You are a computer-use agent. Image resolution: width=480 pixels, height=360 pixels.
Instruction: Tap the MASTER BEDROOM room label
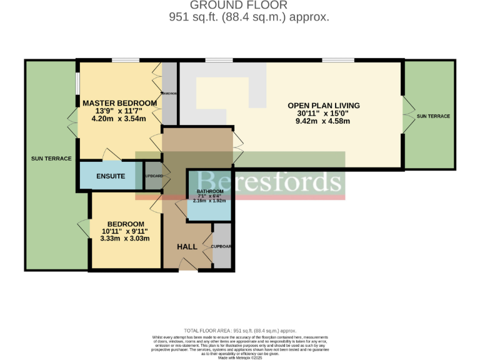coord(119,103)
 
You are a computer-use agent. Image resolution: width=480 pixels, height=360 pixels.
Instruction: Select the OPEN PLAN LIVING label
coord(323,105)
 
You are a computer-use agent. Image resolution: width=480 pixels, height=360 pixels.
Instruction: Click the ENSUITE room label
coord(111,176)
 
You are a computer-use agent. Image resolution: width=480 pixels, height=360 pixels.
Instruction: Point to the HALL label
coord(187,247)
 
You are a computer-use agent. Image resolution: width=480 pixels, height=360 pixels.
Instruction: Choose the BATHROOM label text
coord(210,191)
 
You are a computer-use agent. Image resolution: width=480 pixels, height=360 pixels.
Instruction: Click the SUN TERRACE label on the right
coord(433,116)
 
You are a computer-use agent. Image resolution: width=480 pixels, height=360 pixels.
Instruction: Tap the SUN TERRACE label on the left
coord(51,159)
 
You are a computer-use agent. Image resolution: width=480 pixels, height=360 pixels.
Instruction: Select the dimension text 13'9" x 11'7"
coord(119,111)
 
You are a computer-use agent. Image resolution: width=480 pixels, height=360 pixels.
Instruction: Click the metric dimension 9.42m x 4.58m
coord(323,121)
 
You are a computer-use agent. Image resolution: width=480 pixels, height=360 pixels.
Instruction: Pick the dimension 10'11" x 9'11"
coord(125,231)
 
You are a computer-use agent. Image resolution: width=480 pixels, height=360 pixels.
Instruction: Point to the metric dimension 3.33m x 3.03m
coord(125,239)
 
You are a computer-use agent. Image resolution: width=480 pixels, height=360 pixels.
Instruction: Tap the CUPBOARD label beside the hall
coord(221,247)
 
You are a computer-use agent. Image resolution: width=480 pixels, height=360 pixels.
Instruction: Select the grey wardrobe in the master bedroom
coord(169,94)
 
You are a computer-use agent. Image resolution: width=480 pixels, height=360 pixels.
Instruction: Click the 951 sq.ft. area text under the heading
coord(249,17)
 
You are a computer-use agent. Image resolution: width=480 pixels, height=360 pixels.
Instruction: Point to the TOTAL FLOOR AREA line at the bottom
coord(240,331)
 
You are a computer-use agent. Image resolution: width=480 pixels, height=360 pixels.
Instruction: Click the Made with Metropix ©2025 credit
coord(240,357)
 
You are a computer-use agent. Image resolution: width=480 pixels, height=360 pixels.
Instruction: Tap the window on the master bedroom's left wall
coord(77,83)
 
